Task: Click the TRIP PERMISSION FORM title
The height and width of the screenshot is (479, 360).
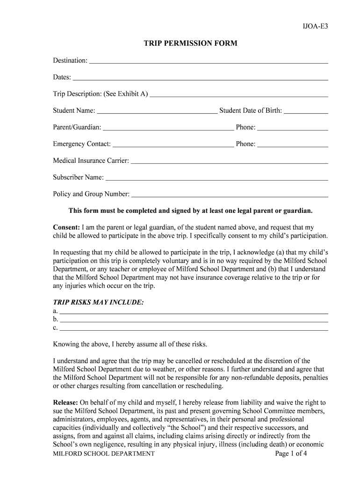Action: [x=190, y=44]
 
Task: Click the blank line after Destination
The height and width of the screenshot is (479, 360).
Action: [x=209, y=61]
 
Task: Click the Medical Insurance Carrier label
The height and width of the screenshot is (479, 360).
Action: [x=91, y=161]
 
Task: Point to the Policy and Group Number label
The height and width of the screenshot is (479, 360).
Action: [x=91, y=194]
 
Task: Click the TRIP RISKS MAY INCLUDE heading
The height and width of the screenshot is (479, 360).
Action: [x=98, y=303]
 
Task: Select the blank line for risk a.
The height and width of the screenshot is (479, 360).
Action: [x=194, y=311]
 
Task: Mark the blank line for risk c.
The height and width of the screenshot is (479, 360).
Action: [x=194, y=328]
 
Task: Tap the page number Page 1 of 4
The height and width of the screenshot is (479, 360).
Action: [x=291, y=454]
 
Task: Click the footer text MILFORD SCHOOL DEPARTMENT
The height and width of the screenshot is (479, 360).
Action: [x=103, y=454]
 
